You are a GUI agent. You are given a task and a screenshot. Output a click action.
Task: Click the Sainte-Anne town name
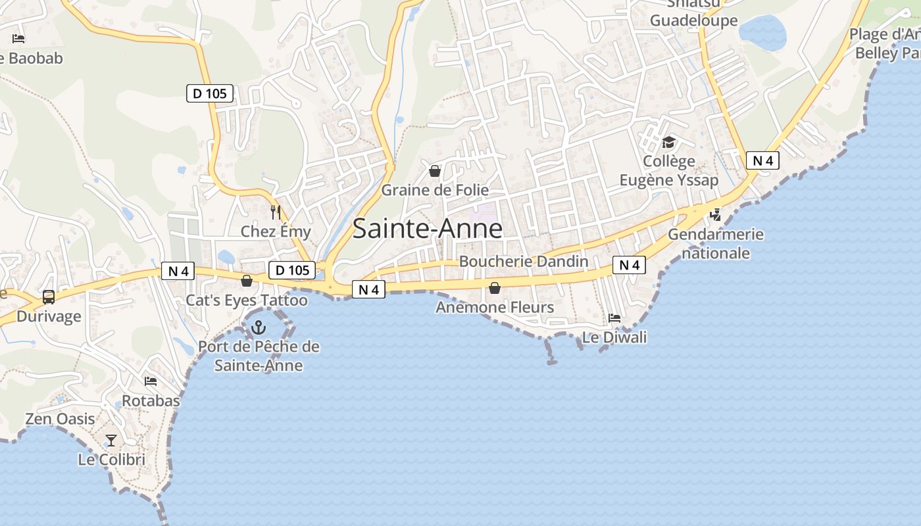coord(428,228)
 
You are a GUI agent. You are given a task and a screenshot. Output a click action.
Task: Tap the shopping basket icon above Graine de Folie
coord(435,172)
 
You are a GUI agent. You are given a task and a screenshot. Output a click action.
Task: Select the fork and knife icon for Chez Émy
coord(276,212)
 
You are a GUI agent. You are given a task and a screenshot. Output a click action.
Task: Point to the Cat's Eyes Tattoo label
coord(247,300)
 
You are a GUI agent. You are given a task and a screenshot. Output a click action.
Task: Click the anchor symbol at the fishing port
coord(259,327)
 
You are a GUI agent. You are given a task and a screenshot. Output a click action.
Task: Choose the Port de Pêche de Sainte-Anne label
coord(259,356)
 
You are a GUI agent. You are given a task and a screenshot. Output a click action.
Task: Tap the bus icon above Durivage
coord(49,297)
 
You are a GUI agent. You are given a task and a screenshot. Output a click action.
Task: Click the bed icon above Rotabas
coord(151,381)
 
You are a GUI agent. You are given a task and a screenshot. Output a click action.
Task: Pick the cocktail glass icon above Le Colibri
coord(111,441)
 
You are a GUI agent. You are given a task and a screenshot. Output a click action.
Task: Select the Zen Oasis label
coord(60,419)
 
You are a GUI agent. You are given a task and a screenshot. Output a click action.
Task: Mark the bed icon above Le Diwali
coord(614,318)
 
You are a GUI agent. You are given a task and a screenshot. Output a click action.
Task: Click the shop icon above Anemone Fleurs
coord(495,288)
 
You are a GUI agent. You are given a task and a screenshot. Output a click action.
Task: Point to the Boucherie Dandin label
coord(524,261)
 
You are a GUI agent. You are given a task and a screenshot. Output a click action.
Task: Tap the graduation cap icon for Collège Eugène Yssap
coord(669,143)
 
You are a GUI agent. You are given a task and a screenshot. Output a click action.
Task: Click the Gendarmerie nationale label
coord(716,243)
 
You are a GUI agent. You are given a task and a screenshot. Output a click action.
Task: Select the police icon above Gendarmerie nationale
coord(716,214)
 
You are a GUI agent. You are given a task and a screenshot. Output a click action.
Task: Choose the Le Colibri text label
coord(111,460)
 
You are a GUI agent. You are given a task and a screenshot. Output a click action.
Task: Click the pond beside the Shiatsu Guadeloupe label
coord(762,32)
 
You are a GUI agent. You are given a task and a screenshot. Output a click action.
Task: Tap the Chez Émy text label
coord(276,231)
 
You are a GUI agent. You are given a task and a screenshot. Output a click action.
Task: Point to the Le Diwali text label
coord(614,337)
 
